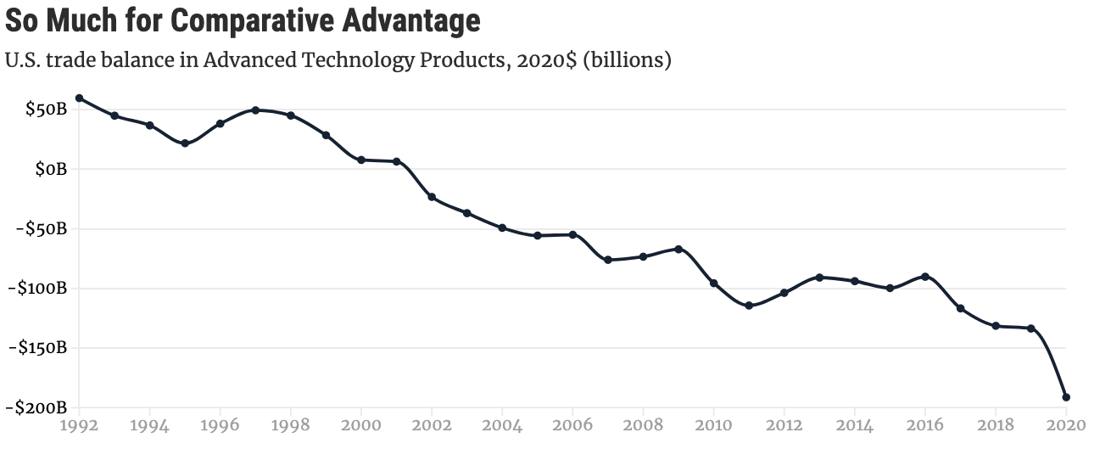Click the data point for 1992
[x=79, y=98]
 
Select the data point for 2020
[x=1066, y=397]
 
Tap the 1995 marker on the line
[x=185, y=143]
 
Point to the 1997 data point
[x=255, y=110]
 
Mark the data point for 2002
[x=432, y=197]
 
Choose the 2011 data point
[x=749, y=306]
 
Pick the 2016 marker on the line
[x=925, y=277]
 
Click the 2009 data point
[x=678, y=249]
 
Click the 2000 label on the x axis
[x=361, y=425]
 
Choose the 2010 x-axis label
[x=714, y=425]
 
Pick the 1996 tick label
[x=221, y=425]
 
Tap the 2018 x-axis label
[x=996, y=425]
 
